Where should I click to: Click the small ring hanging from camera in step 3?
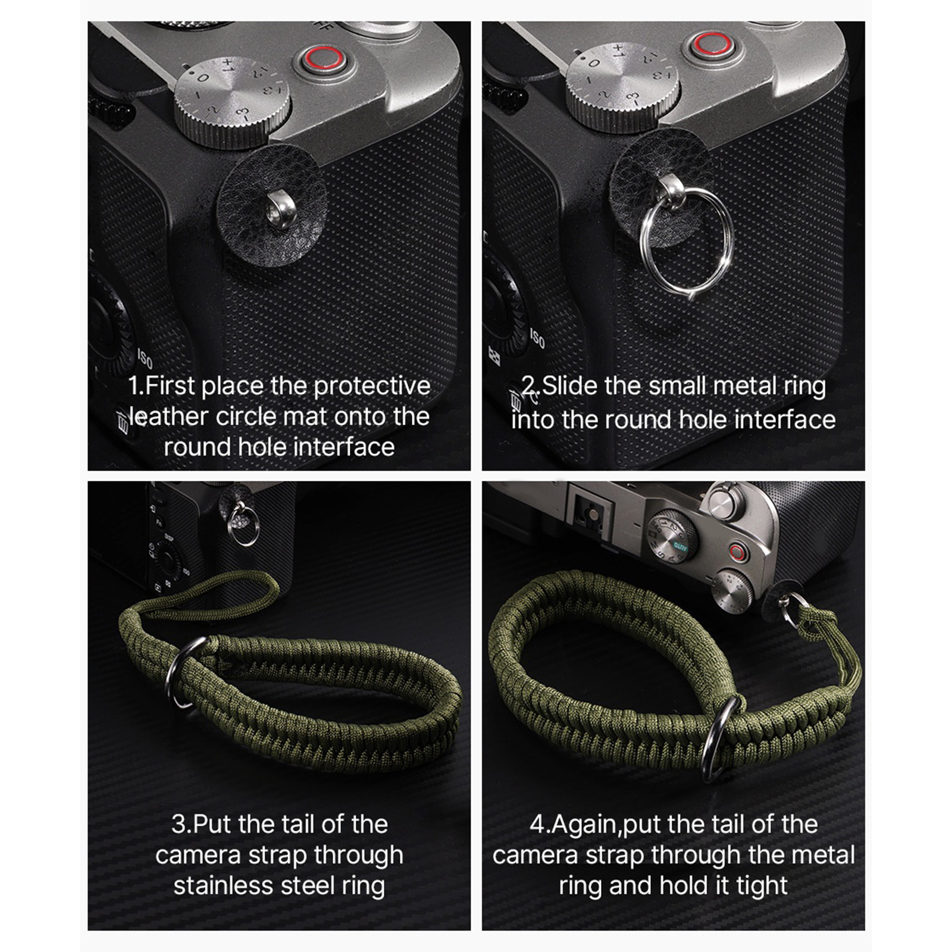pos(244,524)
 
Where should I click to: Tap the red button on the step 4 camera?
pos(738,552)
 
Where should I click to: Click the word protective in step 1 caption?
pos(372,386)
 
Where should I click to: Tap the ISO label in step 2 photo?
pos(537,339)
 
